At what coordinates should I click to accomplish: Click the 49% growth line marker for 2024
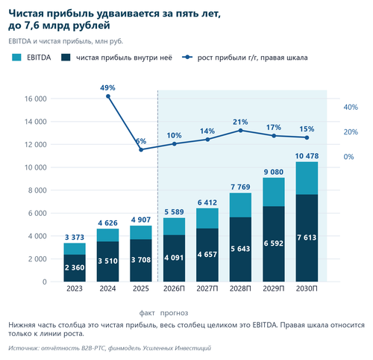click(x=108, y=96)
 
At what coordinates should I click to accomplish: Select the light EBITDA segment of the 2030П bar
click(x=307, y=179)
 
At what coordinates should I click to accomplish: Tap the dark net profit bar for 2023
click(x=75, y=268)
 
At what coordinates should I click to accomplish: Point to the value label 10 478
click(x=307, y=156)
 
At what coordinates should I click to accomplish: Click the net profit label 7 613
click(x=307, y=238)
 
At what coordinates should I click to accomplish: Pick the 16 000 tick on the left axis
click(x=36, y=99)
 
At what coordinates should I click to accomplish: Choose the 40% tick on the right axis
click(x=351, y=107)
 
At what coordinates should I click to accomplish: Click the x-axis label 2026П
click(x=174, y=288)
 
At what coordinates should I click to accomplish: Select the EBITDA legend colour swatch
click(x=16, y=58)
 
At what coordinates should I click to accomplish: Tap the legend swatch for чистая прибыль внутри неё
click(x=66, y=58)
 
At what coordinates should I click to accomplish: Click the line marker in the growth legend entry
click(x=187, y=58)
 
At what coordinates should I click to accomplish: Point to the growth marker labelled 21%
click(x=240, y=131)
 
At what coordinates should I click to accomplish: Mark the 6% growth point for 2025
click(x=141, y=150)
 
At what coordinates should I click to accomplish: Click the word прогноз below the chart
click(x=174, y=313)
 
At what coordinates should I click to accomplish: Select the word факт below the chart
click(x=147, y=313)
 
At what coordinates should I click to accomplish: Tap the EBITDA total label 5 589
click(x=174, y=212)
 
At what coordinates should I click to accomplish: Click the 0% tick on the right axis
click(x=348, y=157)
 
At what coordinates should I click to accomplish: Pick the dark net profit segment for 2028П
click(x=240, y=249)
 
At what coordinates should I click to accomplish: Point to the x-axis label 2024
click(x=107, y=288)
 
